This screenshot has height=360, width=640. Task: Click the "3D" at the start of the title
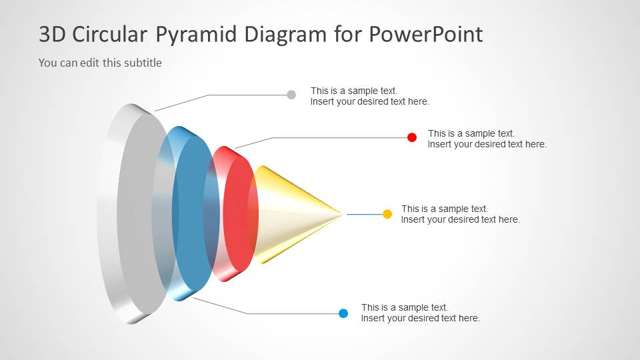pos(54,35)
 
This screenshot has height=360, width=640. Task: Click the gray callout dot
pos(291,95)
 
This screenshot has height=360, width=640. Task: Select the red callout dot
pos(412,137)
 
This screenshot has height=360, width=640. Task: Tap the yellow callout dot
pos(387,214)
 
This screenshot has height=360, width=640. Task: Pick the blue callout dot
pos(343,313)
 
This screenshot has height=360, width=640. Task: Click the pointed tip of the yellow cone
pos(341,214)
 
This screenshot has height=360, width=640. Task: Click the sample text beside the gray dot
pos(369,96)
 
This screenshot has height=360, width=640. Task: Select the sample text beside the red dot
pos(487,139)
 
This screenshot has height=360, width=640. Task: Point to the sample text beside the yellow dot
pos(460,214)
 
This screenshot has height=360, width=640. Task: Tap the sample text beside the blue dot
pos(420,313)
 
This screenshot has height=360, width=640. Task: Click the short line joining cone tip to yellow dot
pos(363,214)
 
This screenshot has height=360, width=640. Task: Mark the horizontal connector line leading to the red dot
pos(340,138)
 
